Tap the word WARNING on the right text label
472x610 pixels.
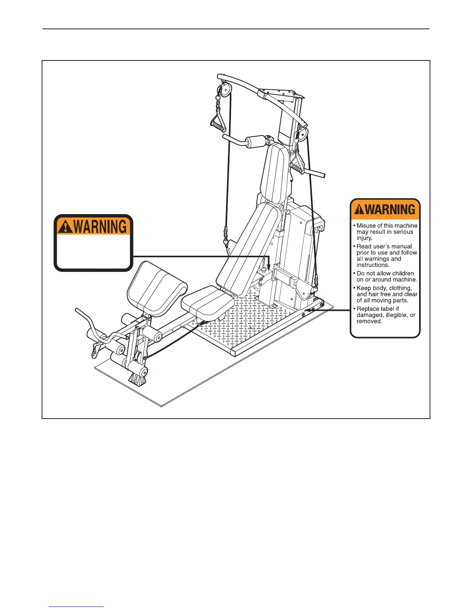(x=390, y=210)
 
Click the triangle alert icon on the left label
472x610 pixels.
(x=66, y=227)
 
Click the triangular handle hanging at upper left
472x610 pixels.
(x=219, y=120)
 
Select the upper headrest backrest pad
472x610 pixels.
(x=275, y=171)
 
